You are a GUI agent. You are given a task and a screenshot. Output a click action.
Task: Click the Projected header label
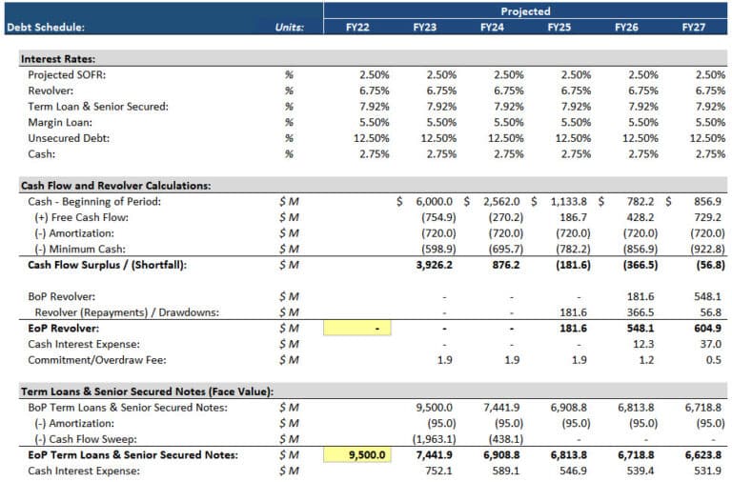(526, 11)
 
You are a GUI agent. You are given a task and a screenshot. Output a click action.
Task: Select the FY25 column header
(559, 28)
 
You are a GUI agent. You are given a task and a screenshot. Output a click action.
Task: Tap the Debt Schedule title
(46, 28)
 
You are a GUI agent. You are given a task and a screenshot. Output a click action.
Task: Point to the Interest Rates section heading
(58, 59)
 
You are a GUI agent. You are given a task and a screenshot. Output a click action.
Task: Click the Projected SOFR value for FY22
(372, 74)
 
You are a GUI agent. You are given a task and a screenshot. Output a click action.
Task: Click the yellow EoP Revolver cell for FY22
(357, 328)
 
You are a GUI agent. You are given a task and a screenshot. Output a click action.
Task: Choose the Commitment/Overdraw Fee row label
(89, 359)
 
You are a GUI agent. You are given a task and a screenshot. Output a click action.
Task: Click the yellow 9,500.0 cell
(357, 454)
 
